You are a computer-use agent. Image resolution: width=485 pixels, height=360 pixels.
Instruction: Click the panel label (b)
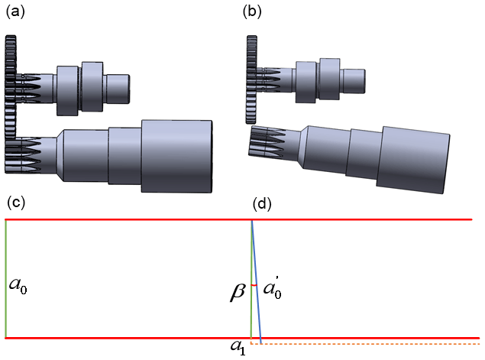coord(252,12)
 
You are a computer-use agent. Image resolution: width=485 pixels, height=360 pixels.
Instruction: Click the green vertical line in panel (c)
coord(6,278)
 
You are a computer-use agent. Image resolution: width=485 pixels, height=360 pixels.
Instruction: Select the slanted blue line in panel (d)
coord(257,283)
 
